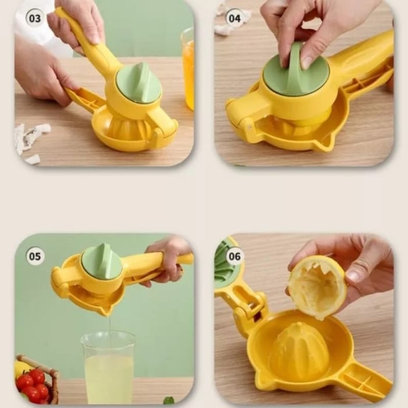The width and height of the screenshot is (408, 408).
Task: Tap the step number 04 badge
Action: (234, 19)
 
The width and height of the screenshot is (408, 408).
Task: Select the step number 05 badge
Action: (35, 256)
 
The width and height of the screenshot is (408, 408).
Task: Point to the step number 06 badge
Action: (235, 256)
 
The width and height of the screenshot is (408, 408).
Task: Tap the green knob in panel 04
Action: (295, 74)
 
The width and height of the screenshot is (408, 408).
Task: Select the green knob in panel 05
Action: (102, 261)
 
